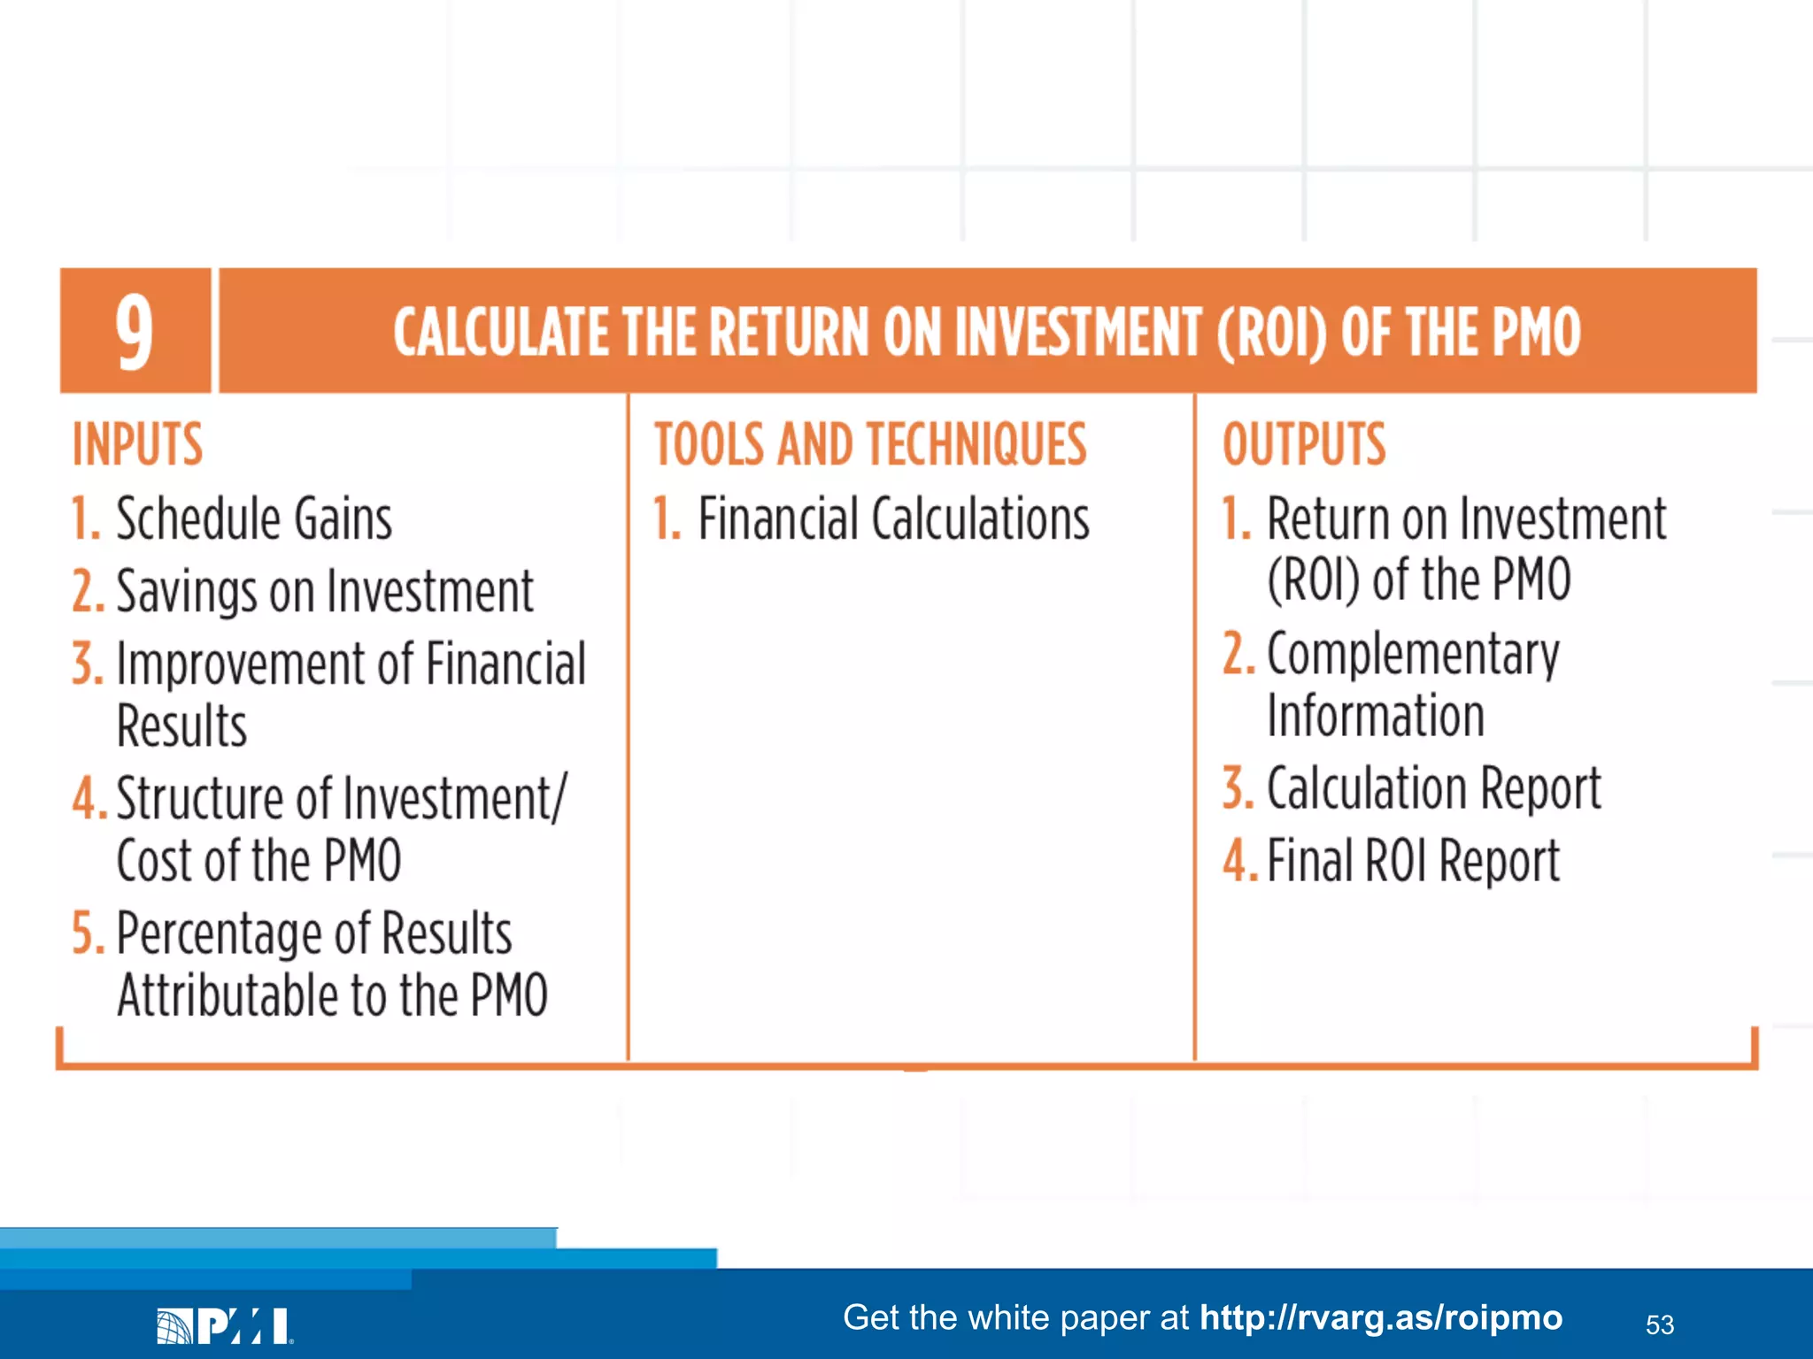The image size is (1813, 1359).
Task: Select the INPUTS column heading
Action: click(137, 444)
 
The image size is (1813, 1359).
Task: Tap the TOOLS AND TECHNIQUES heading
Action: click(870, 444)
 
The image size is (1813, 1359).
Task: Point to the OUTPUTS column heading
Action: click(1304, 444)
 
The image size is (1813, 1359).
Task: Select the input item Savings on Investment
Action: click(325, 591)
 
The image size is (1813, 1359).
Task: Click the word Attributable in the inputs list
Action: click(228, 996)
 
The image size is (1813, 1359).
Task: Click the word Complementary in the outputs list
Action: click(1413, 656)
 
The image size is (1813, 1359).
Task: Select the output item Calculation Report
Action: click(1433, 787)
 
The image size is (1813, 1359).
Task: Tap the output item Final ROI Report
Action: click(1413, 861)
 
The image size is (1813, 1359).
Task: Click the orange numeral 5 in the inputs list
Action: click(87, 933)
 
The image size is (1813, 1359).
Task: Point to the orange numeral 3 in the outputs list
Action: click(1238, 787)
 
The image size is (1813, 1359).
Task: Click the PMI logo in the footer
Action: click(224, 1325)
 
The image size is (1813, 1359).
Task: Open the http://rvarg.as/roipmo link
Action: click(1380, 1317)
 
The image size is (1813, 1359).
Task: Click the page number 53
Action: click(1659, 1324)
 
